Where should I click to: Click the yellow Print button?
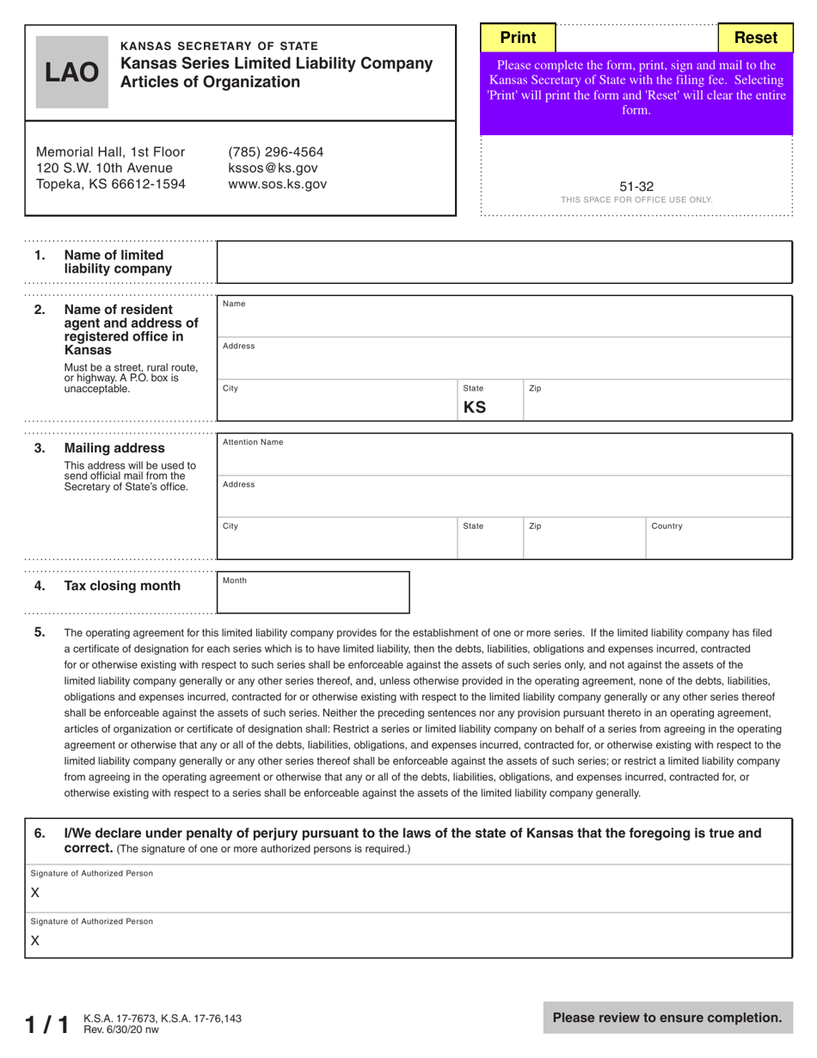pos(518,38)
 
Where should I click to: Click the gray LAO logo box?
pos(72,73)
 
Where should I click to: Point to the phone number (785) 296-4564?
pos(275,152)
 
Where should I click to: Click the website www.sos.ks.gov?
pos(277,184)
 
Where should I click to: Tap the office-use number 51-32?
pos(636,186)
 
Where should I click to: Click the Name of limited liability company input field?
pos(504,262)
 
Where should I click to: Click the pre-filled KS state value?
pos(475,407)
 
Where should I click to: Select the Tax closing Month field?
pos(313,594)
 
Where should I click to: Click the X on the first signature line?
pos(35,894)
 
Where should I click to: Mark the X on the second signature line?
pos(35,941)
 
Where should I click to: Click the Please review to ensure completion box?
pos(667,1018)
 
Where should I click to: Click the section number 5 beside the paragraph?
pos(40,632)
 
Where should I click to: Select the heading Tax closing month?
pos(122,586)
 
